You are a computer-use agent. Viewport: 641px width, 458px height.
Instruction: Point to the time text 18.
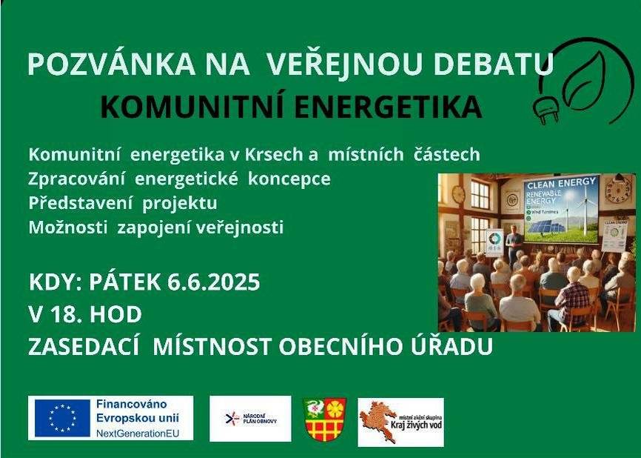[x=69, y=315]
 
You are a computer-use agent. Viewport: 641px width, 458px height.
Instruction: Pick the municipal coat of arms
[x=325, y=419]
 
